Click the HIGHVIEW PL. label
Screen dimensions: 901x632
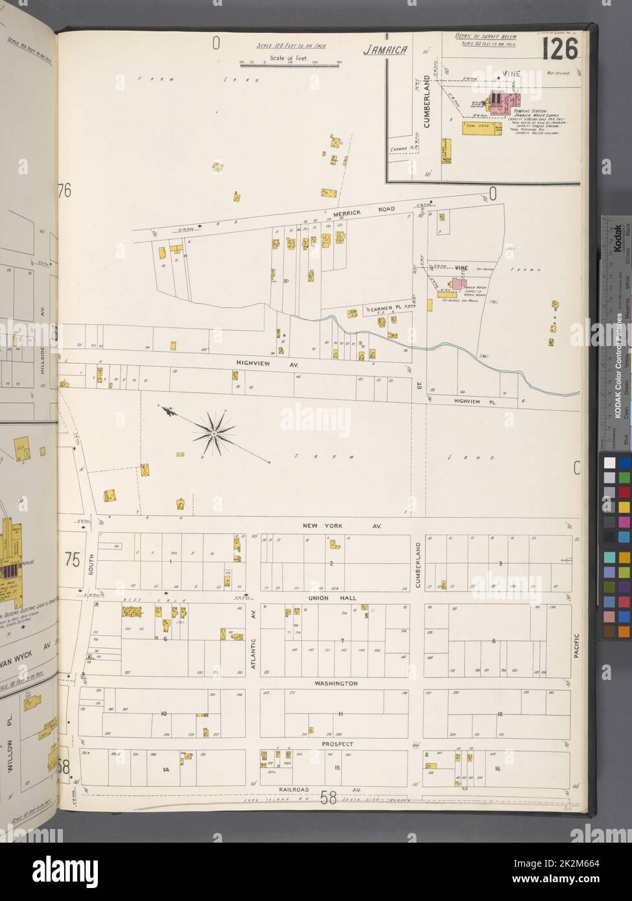click(x=454, y=402)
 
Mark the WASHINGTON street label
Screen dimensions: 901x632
click(x=336, y=683)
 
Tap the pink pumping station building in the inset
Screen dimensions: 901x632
click(x=514, y=100)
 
